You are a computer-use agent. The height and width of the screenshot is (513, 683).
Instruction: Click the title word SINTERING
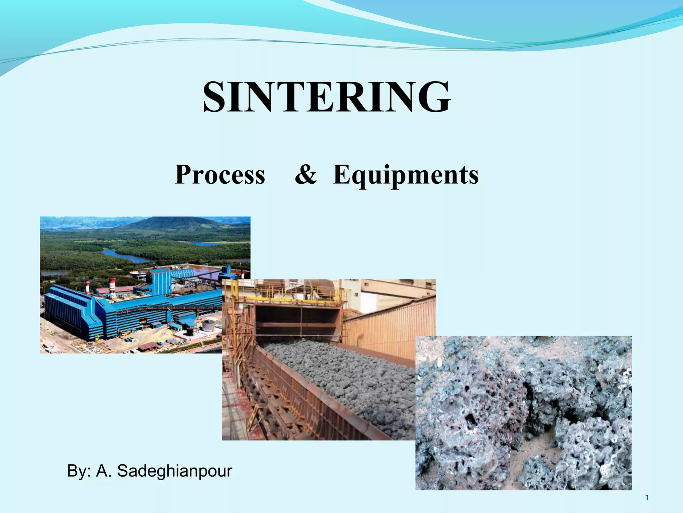(x=327, y=97)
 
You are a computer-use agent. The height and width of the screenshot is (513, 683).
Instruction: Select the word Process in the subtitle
(x=220, y=174)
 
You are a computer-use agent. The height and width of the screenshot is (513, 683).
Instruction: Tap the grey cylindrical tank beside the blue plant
(x=208, y=325)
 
